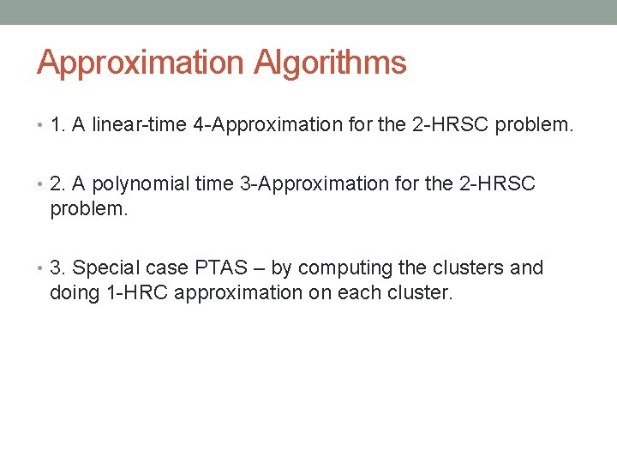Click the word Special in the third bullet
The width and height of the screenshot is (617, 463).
click(103, 268)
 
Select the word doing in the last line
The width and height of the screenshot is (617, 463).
click(72, 292)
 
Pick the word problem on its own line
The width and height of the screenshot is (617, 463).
click(88, 209)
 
